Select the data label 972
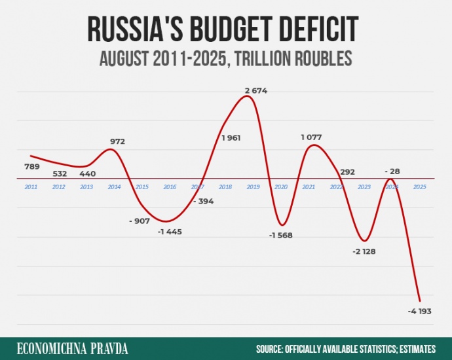click(x=117, y=141)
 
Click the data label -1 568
click(x=282, y=236)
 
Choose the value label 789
click(x=31, y=167)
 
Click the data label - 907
click(x=140, y=221)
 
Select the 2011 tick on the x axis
click(x=31, y=187)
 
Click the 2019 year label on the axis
click(x=253, y=187)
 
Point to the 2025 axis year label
click(x=419, y=187)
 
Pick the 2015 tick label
click(x=141, y=187)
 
